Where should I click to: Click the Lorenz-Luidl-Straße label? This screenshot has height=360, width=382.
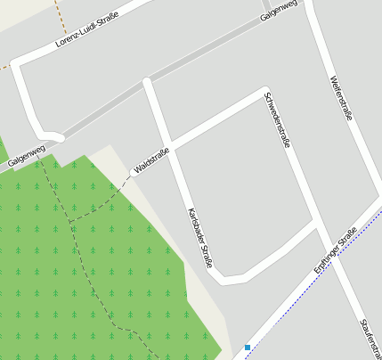86,29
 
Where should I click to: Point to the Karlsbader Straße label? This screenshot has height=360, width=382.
201,238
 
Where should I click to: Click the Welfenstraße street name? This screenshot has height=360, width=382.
341,96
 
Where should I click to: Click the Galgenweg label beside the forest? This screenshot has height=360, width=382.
26,157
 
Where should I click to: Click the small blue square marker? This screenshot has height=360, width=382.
248,347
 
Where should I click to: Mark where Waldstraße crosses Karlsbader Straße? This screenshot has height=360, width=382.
167,146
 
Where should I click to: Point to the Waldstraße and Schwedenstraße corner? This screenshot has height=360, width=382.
264,91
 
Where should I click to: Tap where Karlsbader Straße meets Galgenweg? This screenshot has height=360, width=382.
147,83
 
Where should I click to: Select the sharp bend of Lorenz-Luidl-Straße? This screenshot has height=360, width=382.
18,67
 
